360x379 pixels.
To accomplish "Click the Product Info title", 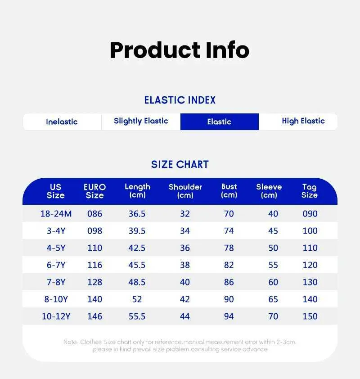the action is pos(180,50).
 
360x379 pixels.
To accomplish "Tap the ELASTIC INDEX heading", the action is pos(180,100).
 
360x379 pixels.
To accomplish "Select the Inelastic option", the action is pos(62,122).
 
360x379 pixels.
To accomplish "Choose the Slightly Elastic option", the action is pos(141,121).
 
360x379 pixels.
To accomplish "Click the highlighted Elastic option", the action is pos(220,122).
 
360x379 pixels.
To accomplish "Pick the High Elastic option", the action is pos(303,121).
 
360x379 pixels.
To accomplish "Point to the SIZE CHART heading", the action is pos(180,165).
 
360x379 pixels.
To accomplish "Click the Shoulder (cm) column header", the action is pos(185,191).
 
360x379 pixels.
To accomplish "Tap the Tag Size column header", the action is pos(310,191).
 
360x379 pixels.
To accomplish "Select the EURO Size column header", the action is pos(94,191).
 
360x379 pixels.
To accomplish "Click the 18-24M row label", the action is pos(56,214).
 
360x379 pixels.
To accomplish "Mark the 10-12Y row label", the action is pos(56,316).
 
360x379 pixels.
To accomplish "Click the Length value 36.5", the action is pos(137,214).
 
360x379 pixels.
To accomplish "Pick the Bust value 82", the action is pos(229,265).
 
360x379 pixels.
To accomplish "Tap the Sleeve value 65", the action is pos(273,299).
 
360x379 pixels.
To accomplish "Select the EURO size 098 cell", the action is pos(94,231).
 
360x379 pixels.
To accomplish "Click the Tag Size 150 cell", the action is pos(310,316).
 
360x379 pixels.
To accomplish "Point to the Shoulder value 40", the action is pos(185,282).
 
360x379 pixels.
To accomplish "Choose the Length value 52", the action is pos(137,299).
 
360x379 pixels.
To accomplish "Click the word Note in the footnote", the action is pos(70,342).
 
